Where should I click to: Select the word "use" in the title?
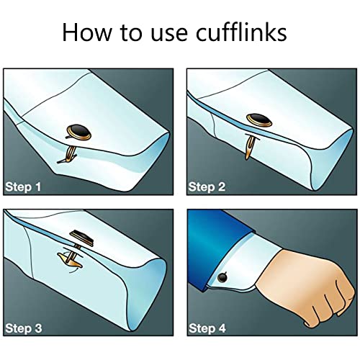coord(168,35)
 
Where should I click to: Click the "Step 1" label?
coord(23,187)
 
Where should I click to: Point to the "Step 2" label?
coord(207,187)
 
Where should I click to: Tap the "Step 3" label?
coord(24,328)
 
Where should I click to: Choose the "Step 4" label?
coord(207,328)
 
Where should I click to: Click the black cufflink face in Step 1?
coord(79,132)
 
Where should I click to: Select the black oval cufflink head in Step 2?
coord(259,120)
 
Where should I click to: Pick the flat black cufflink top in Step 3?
coord(81,238)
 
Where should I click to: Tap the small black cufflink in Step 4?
coord(222,277)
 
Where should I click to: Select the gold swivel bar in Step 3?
coord(70,261)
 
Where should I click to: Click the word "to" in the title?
coord(132,33)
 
